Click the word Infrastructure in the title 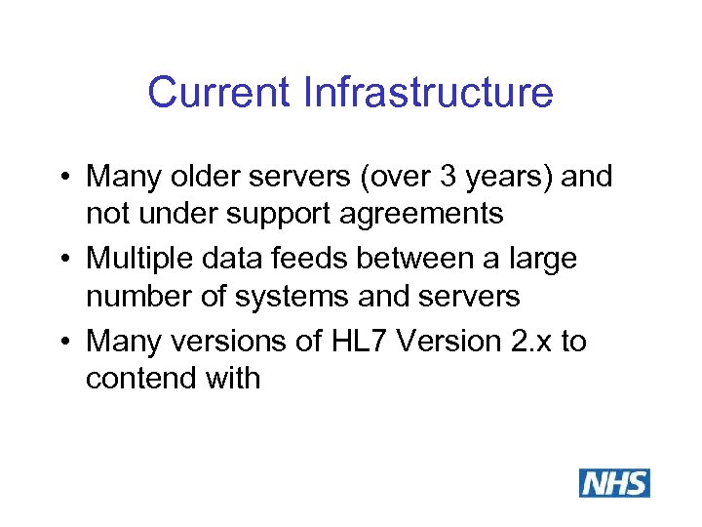click(429, 94)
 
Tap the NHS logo click(614, 483)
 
